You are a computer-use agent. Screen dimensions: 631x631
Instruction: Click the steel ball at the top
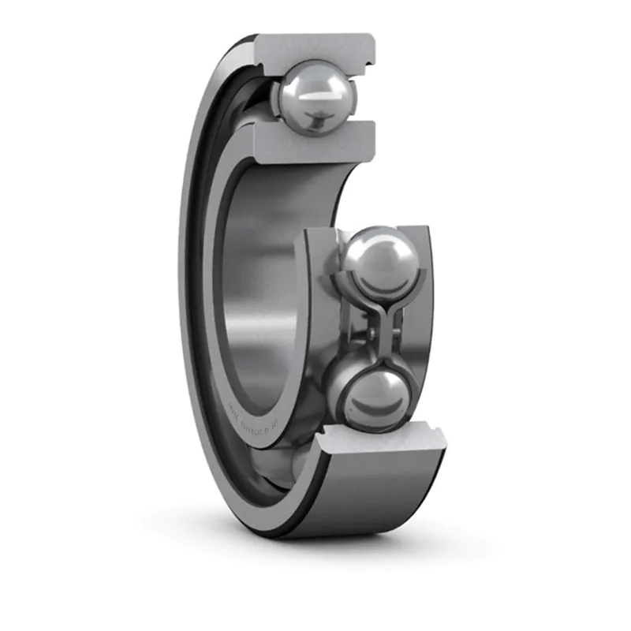(x=314, y=96)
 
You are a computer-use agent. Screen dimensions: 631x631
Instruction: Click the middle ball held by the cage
(x=379, y=260)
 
